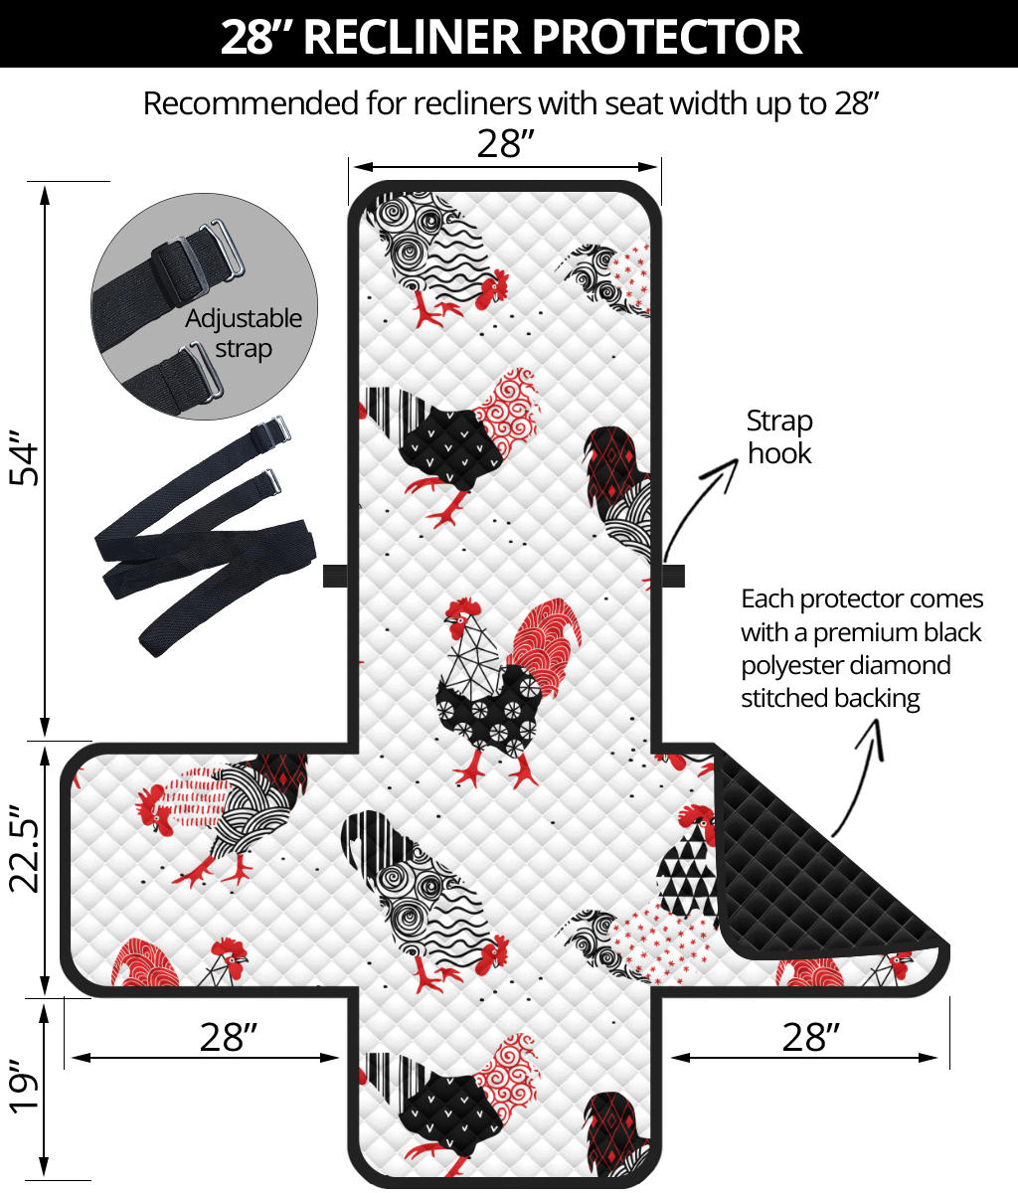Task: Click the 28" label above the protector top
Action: tap(505, 144)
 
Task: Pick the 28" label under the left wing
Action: tap(228, 1037)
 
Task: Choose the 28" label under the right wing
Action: tap(810, 1037)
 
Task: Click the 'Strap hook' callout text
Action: tap(779, 436)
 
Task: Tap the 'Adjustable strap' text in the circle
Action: tap(244, 334)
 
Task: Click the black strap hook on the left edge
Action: tap(335, 576)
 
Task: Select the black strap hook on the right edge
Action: tap(673, 576)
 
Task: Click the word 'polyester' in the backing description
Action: tap(794, 665)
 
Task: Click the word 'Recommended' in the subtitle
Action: tap(252, 103)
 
